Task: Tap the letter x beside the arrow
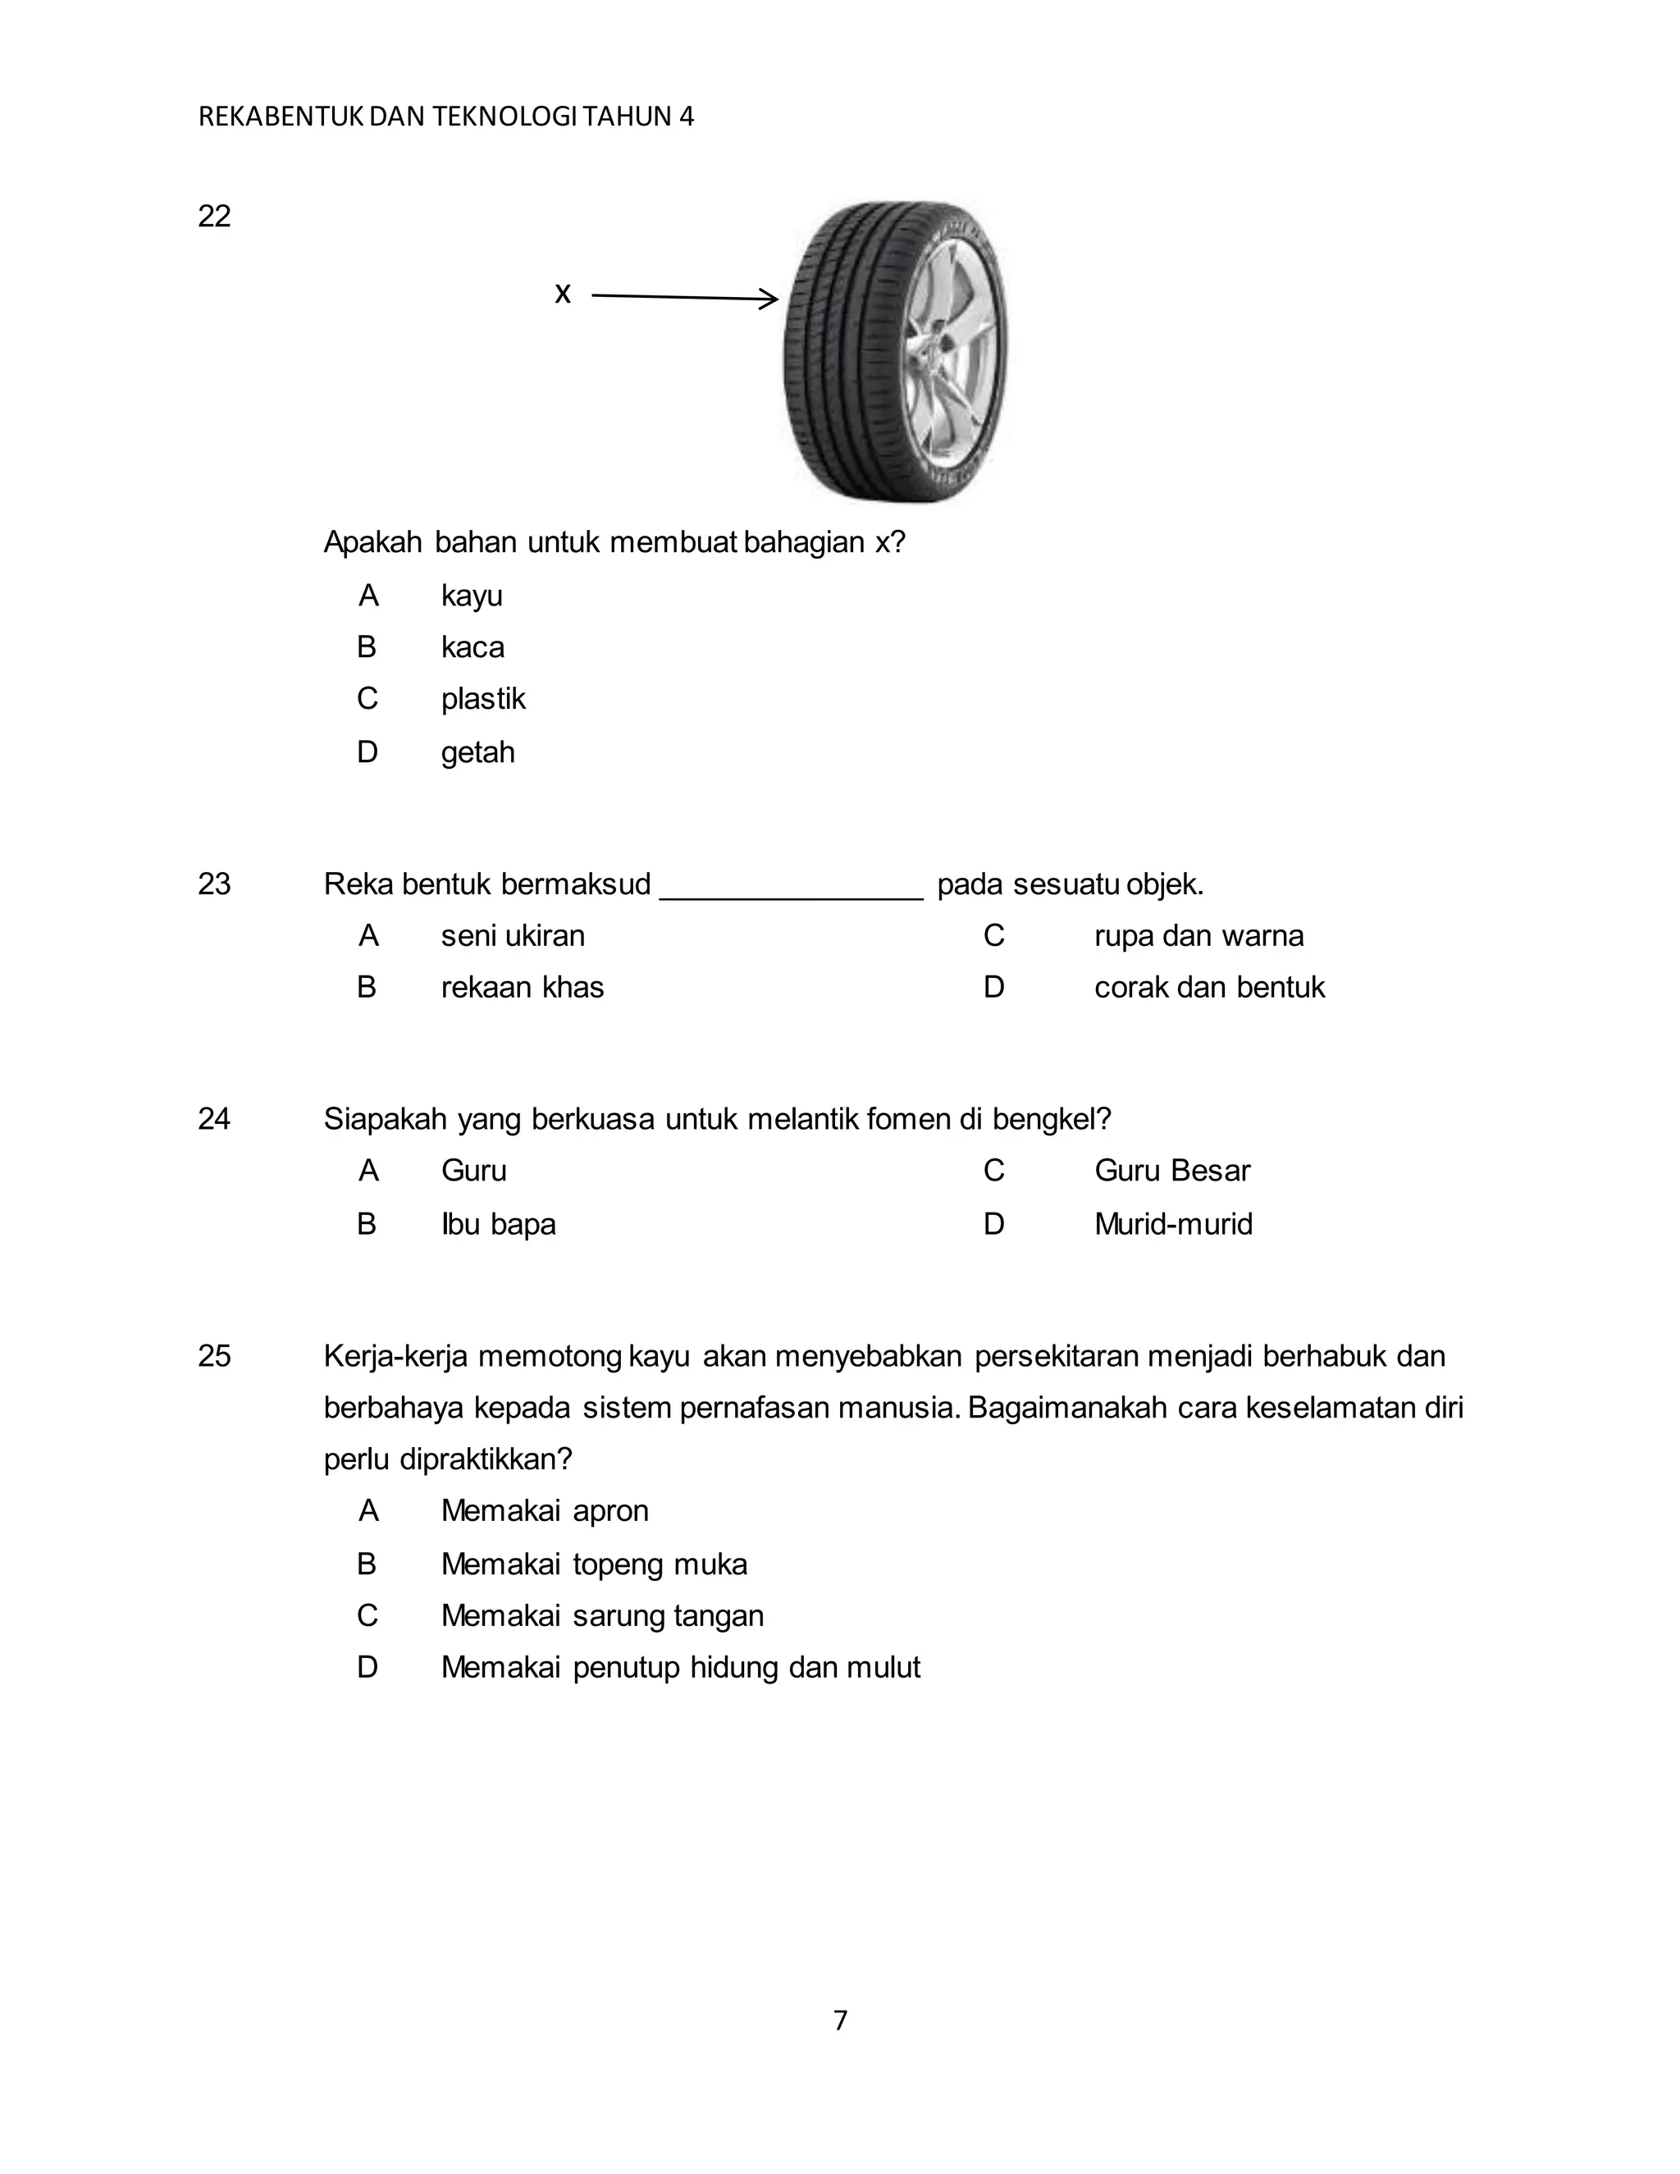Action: point(562,294)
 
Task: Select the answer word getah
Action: point(477,751)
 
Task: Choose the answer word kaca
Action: point(472,647)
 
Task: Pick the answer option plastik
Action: point(482,699)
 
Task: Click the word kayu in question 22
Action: point(472,596)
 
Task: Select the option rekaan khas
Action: point(523,988)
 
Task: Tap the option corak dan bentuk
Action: point(1209,988)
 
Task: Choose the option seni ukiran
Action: point(513,936)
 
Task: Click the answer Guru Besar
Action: point(1171,1171)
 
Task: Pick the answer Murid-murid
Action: point(1173,1223)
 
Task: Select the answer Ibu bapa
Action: point(499,1223)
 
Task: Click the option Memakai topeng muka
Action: point(594,1564)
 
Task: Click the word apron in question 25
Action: point(610,1511)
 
